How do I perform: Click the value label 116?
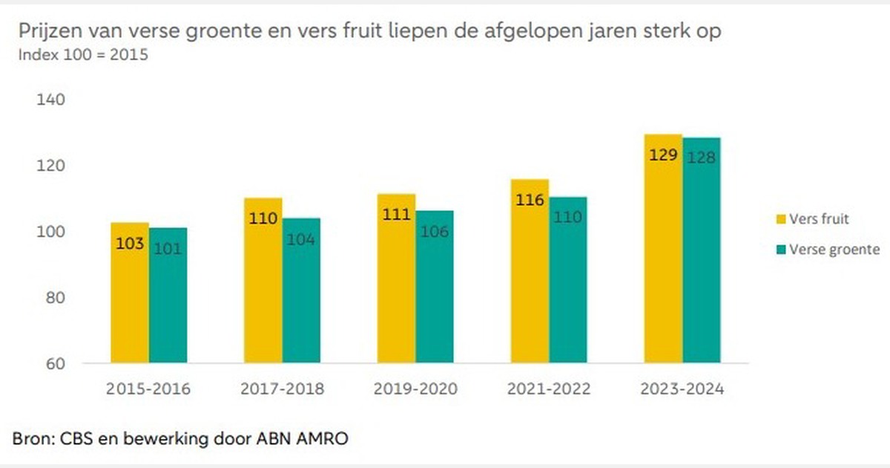(x=530, y=200)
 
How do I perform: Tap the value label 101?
(x=168, y=248)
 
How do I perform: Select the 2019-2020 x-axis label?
(x=415, y=389)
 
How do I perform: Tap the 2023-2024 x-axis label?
(x=682, y=389)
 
